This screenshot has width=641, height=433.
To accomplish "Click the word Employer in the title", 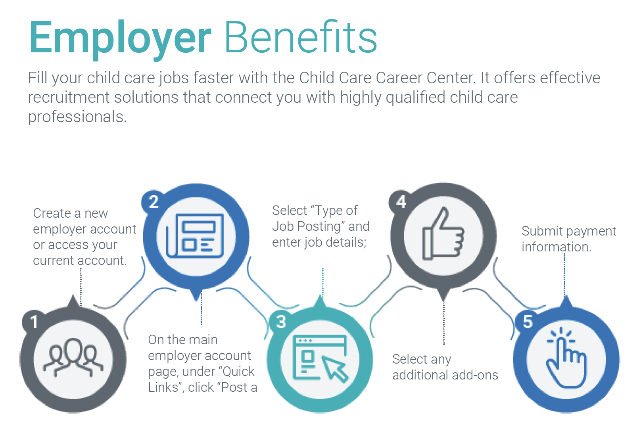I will pyautogui.click(x=120, y=38).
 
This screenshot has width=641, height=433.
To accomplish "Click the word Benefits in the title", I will pyautogui.click(x=301, y=38).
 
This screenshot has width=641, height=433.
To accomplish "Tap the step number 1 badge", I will pyautogui.click(x=35, y=322).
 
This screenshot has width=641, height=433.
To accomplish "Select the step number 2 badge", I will pyautogui.click(x=154, y=202).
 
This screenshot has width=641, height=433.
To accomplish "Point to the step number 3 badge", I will pyautogui.click(x=281, y=322).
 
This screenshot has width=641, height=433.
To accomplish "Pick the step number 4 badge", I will pyautogui.click(x=401, y=202).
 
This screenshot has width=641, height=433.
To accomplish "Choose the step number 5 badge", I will pyautogui.click(x=527, y=322).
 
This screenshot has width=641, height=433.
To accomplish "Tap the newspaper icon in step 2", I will pyautogui.click(x=195, y=236).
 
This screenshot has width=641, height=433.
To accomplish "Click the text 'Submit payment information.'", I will pyautogui.click(x=568, y=239).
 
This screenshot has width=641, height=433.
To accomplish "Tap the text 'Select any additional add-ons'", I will pyautogui.click(x=445, y=367).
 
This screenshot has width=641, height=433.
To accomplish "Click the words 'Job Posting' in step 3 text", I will pyautogui.click(x=307, y=226).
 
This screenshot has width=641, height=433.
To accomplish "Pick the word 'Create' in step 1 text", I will pyautogui.click(x=52, y=213).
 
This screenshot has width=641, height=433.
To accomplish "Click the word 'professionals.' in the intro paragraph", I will pyautogui.click(x=77, y=117).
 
